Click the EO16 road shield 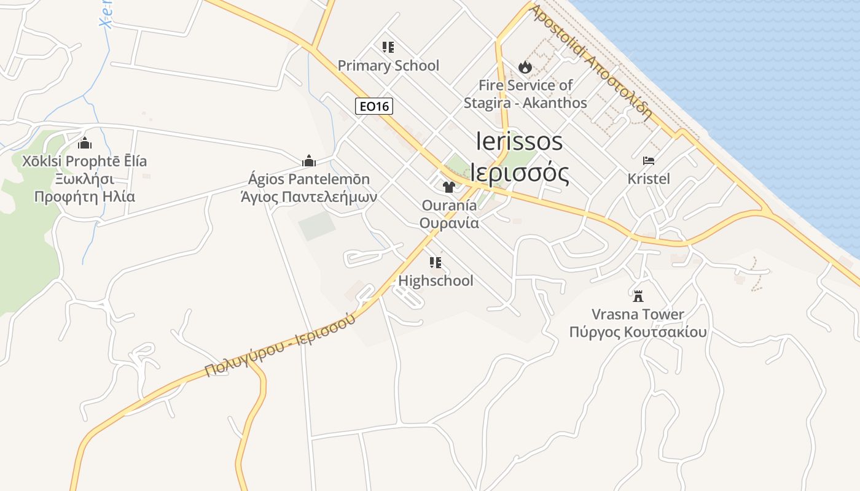[x=373, y=106]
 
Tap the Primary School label [x=388, y=66]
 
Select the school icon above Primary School [x=388, y=47]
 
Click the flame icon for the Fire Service [x=525, y=66]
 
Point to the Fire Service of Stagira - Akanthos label [x=525, y=94]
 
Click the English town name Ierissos [x=519, y=141]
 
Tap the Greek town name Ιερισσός [x=519, y=173]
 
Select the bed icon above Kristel [x=649, y=161]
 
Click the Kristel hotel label [x=649, y=179]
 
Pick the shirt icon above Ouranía [x=449, y=187]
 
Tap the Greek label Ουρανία [x=449, y=223]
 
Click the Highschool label [x=436, y=280]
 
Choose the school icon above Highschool [x=436, y=263]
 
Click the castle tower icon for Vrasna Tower [x=638, y=296]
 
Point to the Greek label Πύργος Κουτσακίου [x=638, y=332]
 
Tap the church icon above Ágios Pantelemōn [x=308, y=161]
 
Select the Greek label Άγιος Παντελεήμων [x=308, y=197]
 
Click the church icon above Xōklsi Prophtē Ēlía [x=85, y=143]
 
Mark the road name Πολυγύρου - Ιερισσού [x=280, y=344]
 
